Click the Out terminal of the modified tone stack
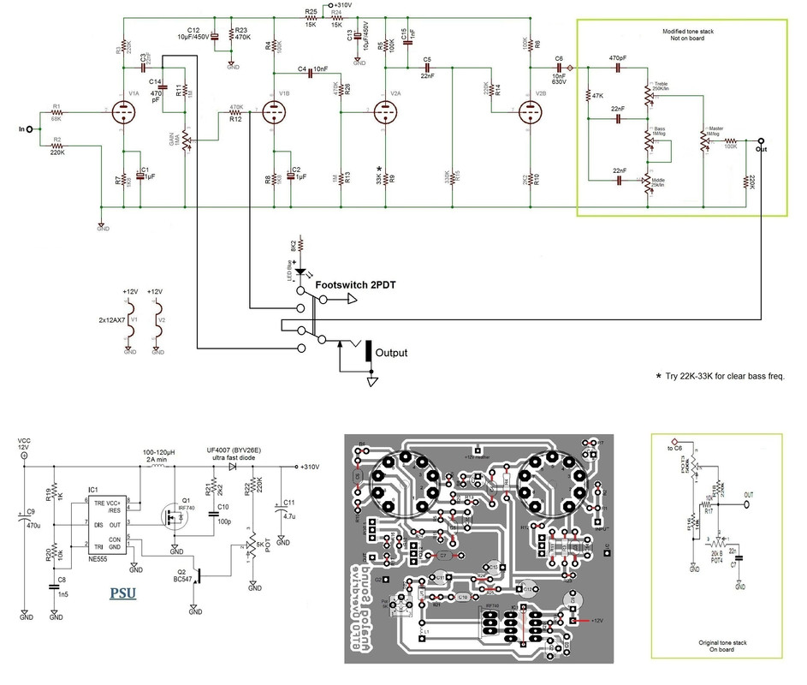[x=760, y=140]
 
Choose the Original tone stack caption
[x=724, y=644]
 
